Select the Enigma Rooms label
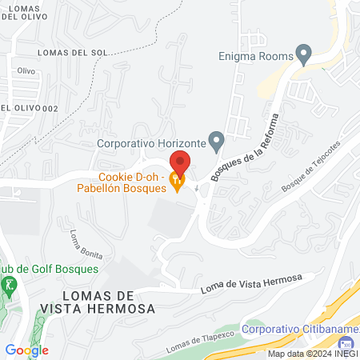pyautogui.click(x=255, y=55)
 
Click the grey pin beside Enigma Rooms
pyautogui.click(x=303, y=54)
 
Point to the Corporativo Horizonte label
pyautogui.click(x=150, y=145)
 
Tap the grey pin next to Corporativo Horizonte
pyautogui.click(x=216, y=142)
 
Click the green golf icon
pyautogui.click(x=9, y=285)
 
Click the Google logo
pyautogui.click(x=26, y=350)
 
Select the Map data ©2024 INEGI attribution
pyautogui.click(x=312, y=354)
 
